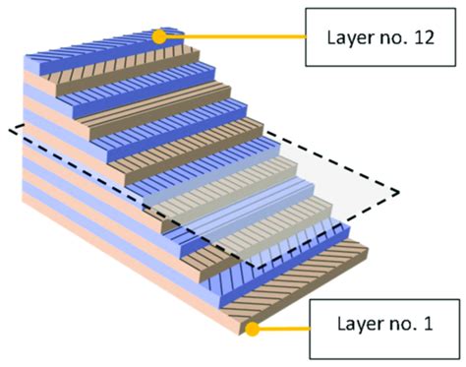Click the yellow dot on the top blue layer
tap(158, 36)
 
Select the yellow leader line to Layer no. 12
tap(236, 37)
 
